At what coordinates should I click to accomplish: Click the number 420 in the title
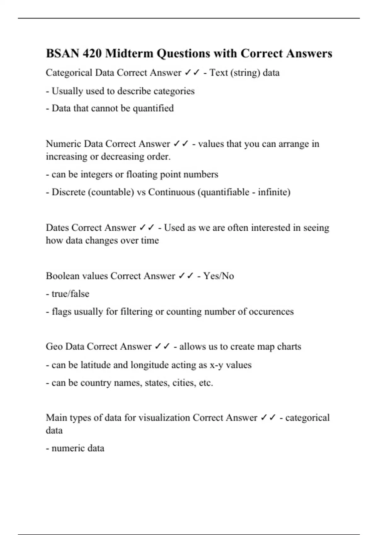92,53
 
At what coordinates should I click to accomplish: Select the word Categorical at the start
69,73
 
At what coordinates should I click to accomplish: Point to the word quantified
153,108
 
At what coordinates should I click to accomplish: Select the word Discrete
68,192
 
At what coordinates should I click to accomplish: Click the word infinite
272,192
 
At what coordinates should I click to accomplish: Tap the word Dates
57,228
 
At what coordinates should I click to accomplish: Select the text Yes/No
219,276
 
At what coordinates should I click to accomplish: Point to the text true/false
70,294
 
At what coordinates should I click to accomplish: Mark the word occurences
271,312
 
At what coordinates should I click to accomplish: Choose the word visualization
164,418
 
